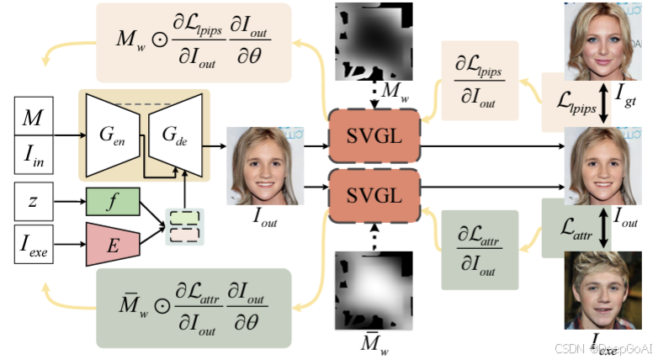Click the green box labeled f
click(112, 203)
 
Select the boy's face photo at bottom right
click(601, 291)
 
